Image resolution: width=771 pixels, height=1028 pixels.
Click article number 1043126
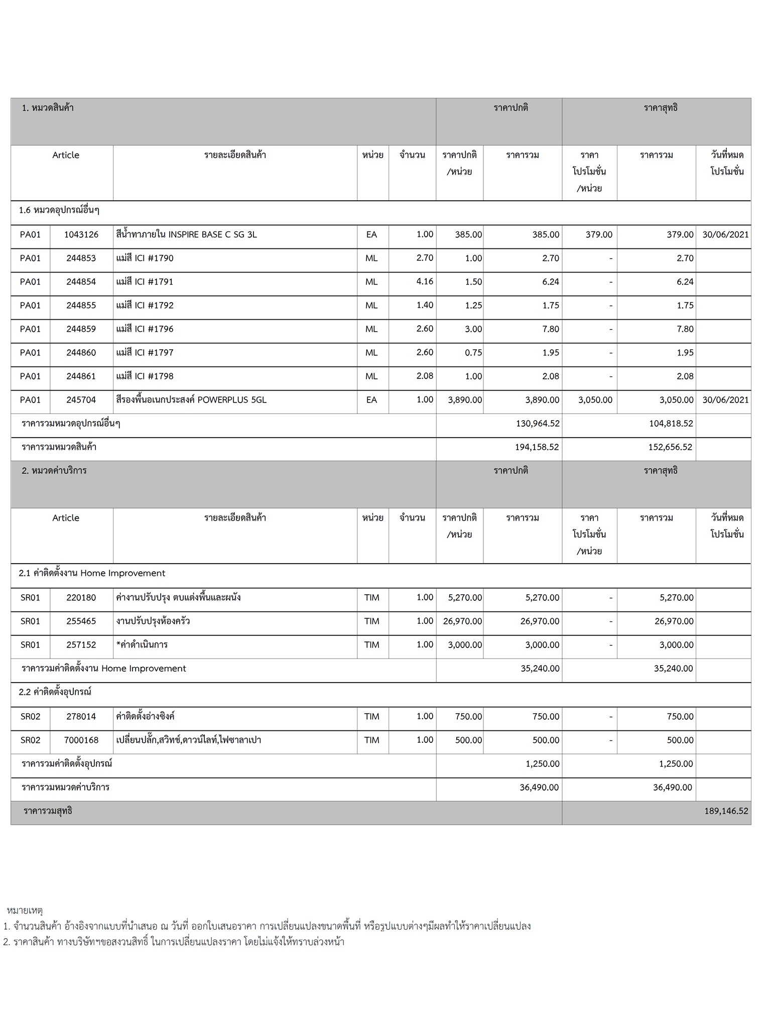pos(81,234)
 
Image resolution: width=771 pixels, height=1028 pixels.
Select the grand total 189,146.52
pos(726,811)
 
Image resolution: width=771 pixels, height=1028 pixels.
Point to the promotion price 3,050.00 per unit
pos(595,400)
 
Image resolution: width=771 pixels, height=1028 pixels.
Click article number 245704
pos(81,400)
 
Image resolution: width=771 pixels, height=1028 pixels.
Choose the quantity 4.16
pos(425,282)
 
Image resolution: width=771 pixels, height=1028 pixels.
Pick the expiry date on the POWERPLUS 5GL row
pos(725,400)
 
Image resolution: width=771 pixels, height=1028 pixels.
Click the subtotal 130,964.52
pos(538,424)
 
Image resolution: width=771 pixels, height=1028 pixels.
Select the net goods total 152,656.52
pos(670,447)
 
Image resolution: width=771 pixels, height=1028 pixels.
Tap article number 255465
pos(81,621)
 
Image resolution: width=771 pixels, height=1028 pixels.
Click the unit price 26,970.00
pos(462,621)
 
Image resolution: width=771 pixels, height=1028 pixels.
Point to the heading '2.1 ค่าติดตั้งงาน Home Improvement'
pos(92,573)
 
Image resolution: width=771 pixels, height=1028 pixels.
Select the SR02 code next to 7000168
pos(30,740)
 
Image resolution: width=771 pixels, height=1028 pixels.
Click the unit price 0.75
pos(473,353)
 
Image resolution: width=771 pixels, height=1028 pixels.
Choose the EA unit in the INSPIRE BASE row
pos(371,234)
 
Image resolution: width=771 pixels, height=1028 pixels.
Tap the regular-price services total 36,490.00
pos(539,788)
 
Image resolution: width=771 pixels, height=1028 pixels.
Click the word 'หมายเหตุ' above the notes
pos(25,910)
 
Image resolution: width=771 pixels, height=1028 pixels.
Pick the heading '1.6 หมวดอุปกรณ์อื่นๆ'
pos(59,210)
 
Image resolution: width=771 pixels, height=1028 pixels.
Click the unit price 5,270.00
pos(465,598)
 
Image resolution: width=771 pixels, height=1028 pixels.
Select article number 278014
pos(81,716)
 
